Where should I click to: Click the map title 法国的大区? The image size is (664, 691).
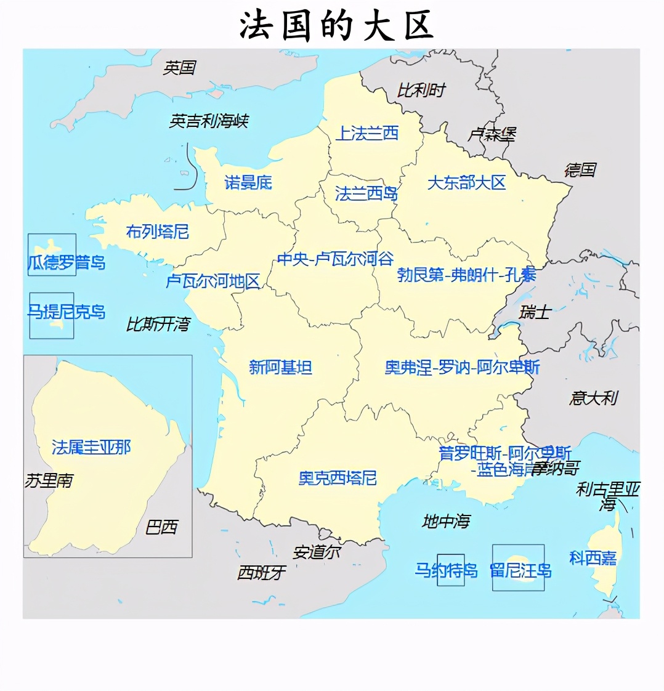coord(336,26)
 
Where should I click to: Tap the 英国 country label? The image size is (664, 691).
coord(179,68)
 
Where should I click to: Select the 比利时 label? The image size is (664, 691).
coord(421,91)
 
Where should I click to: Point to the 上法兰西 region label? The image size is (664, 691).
coord(367,133)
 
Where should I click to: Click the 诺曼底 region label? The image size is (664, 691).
coord(248,182)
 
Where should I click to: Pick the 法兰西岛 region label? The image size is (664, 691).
coord(366,194)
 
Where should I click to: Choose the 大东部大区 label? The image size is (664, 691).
coord(466,182)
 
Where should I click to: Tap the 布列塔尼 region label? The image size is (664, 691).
coord(157,232)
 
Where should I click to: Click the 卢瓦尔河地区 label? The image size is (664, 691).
coord(213,281)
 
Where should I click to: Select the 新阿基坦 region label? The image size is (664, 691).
coord(280,368)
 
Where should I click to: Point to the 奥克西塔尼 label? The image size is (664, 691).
coord(338,478)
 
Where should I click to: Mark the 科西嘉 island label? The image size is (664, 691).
coord(593,559)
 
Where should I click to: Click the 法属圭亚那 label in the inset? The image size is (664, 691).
coord(91,447)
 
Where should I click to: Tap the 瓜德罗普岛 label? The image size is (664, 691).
coord(67,263)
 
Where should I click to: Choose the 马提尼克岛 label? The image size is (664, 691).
coord(67,312)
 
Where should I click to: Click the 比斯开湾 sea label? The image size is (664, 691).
coord(158,325)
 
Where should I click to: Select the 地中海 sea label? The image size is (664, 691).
coord(446,522)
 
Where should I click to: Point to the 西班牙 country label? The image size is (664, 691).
coord(262,573)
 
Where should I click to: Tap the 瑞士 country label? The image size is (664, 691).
coord(534,312)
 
